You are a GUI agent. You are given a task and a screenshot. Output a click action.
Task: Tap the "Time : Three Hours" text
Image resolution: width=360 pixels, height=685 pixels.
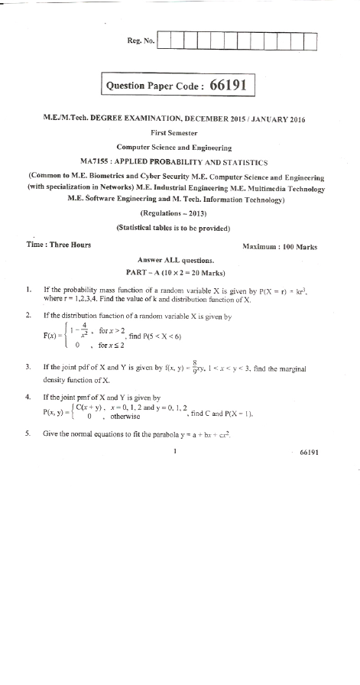click(58, 245)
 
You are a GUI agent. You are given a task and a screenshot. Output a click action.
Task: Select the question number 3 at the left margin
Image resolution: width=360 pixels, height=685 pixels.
click(28, 368)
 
